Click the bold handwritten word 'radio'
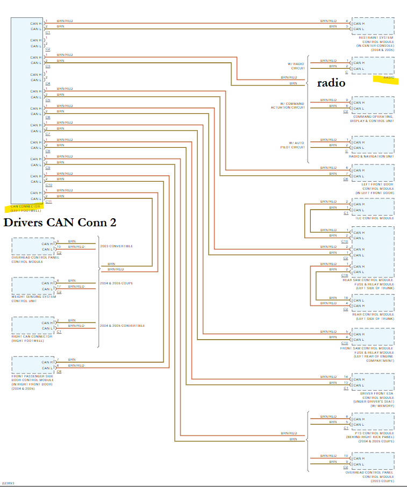pyautogui.click(x=331, y=83)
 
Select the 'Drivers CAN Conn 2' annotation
pyautogui.click(x=60, y=222)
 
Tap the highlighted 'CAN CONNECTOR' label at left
pyautogui.click(x=25, y=206)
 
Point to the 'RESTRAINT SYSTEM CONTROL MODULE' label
pyautogui.click(x=376, y=40)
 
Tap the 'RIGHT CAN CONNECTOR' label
pyautogui.click(x=32, y=336)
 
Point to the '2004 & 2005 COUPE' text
pyautogui.click(x=116, y=283)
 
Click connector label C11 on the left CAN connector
pyautogui.click(x=48, y=202)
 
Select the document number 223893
pyautogui.click(x=8, y=483)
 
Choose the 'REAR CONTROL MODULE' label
pyautogui.click(x=373, y=314)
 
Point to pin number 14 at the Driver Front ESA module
pyautogui.click(x=346, y=377)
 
